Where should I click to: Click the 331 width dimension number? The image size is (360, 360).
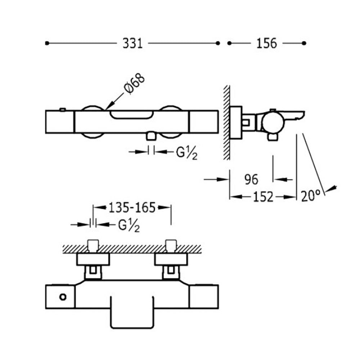133,44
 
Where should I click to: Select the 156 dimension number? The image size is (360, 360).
267,44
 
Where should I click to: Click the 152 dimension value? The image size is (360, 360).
262,197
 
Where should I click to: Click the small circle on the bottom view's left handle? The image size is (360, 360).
63,297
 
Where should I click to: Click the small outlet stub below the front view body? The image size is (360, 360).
152,137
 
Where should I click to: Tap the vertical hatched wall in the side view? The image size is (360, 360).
226,122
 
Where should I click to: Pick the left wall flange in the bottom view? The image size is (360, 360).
93,258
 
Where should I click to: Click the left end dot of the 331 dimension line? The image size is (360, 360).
46,43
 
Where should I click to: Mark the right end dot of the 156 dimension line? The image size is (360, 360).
304,43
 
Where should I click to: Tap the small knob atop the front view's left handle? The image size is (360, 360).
63,108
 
